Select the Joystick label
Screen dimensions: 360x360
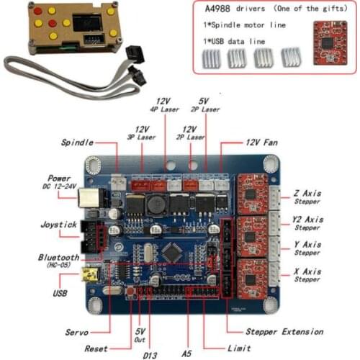(60, 224)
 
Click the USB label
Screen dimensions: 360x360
(63, 293)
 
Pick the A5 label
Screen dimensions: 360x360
(187, 354)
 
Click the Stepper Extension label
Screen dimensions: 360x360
(284, 331)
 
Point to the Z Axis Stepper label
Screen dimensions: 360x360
(308, 197)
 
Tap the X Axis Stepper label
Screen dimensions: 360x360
(308, 275)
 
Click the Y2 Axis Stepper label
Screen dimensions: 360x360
(308, 223)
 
